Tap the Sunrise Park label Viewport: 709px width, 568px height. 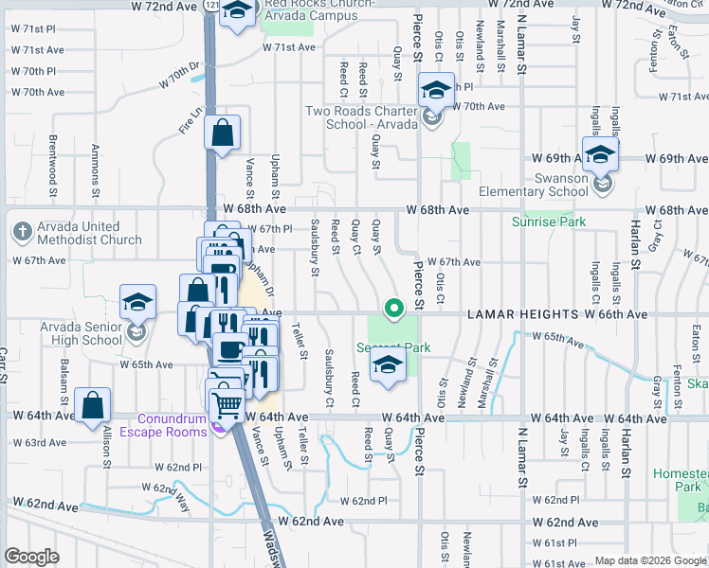(x=549, y=222)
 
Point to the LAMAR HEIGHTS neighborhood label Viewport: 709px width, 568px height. (x=521, y=313)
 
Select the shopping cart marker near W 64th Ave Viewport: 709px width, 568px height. (x=227, y=405)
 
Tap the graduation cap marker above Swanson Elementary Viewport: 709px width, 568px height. (x=601, y=154)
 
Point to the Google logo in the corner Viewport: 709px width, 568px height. (x=31, y=557)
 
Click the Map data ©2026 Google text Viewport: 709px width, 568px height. (x=651, y=560)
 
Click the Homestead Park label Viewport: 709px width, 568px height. (x=681, y=479)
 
